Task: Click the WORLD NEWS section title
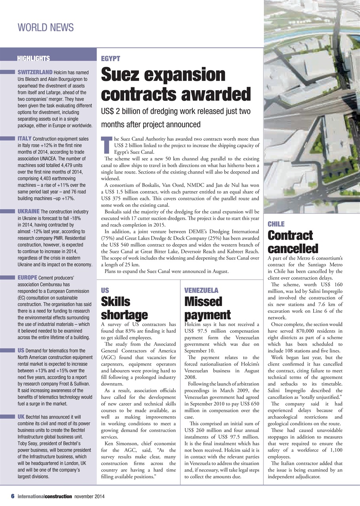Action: [x=45, y=27]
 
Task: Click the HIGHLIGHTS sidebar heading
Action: [x=33, y=59]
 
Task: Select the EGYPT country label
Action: [x=111, y=59]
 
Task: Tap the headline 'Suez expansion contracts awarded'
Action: [x=176, y=85]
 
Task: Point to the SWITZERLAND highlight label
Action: [x=35, y=72]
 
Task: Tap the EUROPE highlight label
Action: [x=28, y=277]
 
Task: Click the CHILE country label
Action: [x=276, y=224]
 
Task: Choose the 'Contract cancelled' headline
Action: [x=293, y=242]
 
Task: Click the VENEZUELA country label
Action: [x=201, y=290]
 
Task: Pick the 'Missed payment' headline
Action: [x=208, y=308]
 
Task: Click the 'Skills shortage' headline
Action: [x=124, y=308]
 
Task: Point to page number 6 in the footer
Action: [x=13, y=496]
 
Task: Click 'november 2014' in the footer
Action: [x=89, y=496]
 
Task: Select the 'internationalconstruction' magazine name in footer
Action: [x=44, y=496]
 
